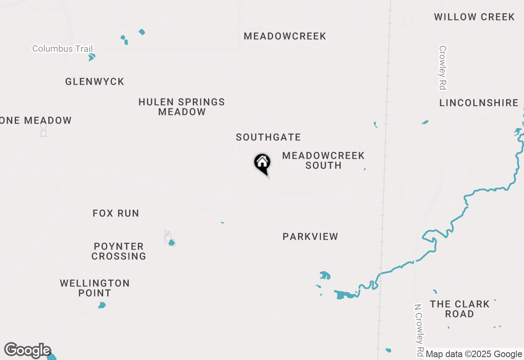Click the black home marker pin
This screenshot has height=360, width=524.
click(262, 163)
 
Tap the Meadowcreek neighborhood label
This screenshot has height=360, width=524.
click(285, 36)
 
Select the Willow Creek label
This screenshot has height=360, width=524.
click(474, 17)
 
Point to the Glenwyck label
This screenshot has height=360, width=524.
click(95, 81)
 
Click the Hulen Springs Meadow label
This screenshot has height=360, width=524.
click(182, 107)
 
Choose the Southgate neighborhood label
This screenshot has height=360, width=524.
click(268, 137)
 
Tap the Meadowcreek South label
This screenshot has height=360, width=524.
click(323, 160)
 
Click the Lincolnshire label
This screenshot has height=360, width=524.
click(479, 103)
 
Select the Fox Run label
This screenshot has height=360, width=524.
click(116, 213)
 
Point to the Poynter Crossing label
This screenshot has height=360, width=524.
click(119, 251)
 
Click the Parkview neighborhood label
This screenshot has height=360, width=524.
click(310, 236)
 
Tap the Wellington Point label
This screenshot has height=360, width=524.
click(95, 288)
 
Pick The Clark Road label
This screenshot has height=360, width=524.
click(460, 309)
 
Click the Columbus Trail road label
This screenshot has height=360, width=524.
click(62, 49)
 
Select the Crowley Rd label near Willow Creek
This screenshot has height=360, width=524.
click(443, 67)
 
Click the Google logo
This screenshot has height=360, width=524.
click(27, 351)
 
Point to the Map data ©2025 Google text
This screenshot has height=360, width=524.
click(474, 354)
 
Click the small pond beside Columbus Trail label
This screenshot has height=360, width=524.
click(92, 56)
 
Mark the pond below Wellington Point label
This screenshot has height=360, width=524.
click(102, 305)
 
